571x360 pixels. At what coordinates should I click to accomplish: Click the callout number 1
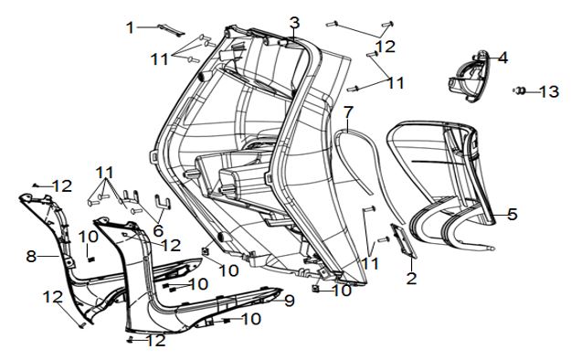130,28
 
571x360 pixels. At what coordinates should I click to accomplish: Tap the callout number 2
411,279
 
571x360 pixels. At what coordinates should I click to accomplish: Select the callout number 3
294,23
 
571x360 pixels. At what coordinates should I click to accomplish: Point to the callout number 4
502,58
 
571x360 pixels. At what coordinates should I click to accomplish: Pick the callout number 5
513,214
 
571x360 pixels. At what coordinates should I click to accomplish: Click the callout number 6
158,230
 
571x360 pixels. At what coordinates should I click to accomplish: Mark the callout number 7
348,112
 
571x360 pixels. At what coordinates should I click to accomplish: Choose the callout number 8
31,256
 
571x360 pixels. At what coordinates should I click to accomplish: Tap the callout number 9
289,301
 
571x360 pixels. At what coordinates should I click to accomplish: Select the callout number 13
549,91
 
